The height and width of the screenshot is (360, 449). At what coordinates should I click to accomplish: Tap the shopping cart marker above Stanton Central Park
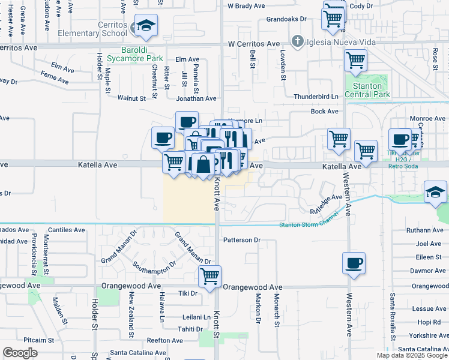(x=356, y=60)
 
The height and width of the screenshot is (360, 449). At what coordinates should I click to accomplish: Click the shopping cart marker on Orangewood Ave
(x=209, y=276)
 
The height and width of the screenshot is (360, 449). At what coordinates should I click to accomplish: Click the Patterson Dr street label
(x=242, y=240)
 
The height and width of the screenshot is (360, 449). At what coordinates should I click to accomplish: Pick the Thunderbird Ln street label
(x=316, y=97)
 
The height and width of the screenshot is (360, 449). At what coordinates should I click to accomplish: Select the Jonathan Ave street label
(x=196, y=98)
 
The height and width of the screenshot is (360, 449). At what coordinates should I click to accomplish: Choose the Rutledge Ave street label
(x=326, y=204)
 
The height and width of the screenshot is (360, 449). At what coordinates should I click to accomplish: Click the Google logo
(x=20, y=353)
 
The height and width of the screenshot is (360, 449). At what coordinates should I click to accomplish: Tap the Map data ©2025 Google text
(x=412, y=355)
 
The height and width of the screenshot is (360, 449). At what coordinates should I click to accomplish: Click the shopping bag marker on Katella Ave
(x=203, y=164)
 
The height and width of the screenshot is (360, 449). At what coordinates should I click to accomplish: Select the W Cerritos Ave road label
(x=254, y=44)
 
